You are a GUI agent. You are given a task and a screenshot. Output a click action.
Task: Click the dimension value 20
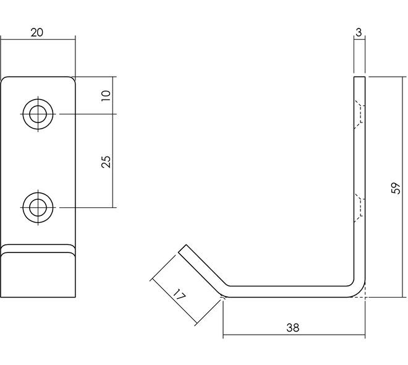tap(37, 33)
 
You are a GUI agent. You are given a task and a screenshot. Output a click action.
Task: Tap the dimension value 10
tap(106, 96)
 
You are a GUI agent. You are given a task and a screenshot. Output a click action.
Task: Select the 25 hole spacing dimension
tap(106, 161)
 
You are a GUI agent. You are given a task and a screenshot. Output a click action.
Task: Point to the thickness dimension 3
tap(359, 33)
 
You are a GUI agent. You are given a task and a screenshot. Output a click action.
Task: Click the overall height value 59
tap(396, 188)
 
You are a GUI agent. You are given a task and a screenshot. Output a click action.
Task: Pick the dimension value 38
tap(293, 328)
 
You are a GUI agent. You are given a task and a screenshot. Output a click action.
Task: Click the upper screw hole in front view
tap(38, 114)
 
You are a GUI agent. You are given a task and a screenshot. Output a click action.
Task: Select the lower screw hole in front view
tap(38, 207)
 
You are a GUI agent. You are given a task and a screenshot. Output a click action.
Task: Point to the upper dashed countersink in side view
tap(359, 114)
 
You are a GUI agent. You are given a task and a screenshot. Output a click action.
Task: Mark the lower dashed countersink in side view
tap(359, 208)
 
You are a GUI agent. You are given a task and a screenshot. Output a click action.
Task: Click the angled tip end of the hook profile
tap(182, 248)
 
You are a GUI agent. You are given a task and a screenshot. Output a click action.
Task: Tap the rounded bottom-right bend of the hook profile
tap(360, 292)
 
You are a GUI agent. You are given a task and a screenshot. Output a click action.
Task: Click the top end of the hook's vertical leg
tap(359, 77)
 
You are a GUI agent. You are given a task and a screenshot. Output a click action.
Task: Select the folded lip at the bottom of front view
tap(38, 271)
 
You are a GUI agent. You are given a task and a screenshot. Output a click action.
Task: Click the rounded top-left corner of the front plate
tap(4, 79)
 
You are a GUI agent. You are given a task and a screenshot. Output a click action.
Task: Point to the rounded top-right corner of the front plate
tap(72, 79)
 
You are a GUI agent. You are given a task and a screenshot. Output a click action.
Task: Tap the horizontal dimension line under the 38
tap(294, 335)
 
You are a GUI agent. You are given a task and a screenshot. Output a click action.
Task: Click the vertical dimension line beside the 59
tap(403, 187)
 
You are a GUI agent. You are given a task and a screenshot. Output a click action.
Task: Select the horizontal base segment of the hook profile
tap(289, 291)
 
